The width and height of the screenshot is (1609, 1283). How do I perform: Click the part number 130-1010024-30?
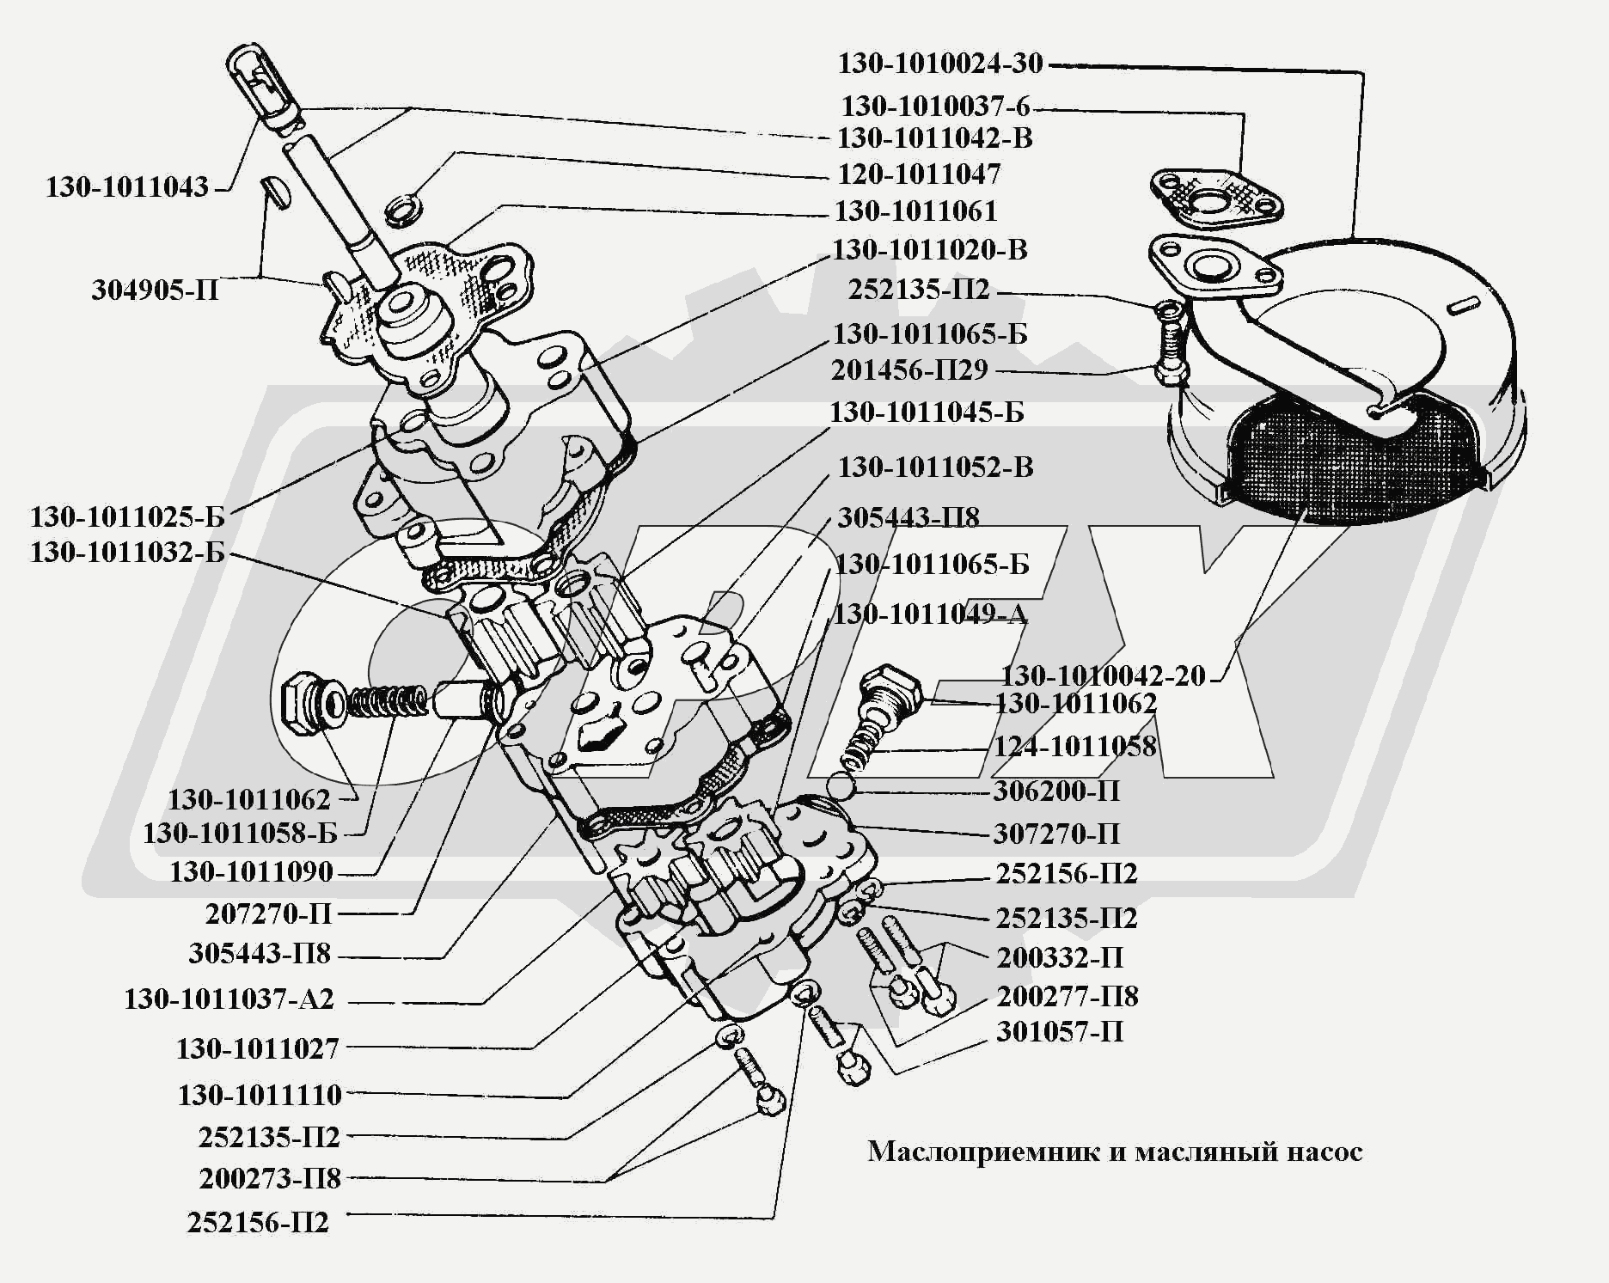(940, 64)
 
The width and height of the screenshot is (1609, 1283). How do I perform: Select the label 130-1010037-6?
(935, 107)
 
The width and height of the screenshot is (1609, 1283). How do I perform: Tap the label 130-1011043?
(127, 187)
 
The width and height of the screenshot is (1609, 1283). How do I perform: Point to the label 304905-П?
(156, 290)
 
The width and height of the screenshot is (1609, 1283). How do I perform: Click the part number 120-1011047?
(919, 174)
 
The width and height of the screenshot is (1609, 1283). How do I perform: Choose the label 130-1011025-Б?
(127, 517)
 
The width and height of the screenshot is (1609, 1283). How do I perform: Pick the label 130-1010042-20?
(1104, 675)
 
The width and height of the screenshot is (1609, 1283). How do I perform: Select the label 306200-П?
(1056, 791)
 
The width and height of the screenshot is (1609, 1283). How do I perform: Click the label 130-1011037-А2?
(229, 999)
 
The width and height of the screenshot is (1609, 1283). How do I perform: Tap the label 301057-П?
(1060, 1031)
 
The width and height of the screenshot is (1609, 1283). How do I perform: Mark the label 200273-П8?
(270, 1178)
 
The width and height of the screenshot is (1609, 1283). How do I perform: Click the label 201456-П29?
(909, 370)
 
